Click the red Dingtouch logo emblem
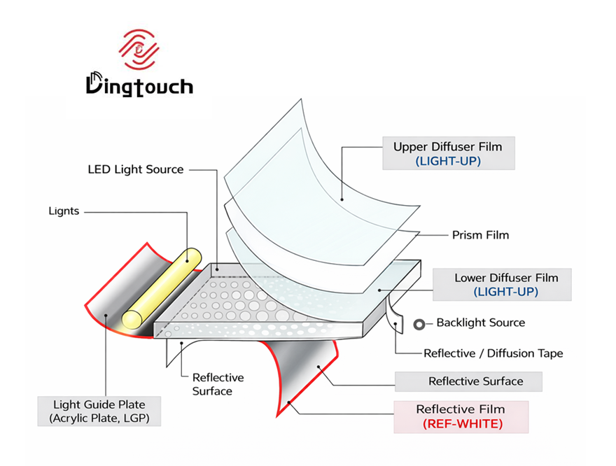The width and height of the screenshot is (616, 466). tap(139, 50)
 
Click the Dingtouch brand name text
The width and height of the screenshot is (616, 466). tap(139, 85)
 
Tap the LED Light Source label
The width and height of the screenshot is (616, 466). tap(135, 169)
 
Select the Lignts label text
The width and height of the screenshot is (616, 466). tap(64, 211)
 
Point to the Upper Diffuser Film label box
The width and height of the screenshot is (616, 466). tap(448, 154)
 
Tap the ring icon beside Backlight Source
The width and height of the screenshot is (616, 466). tap(421, 323)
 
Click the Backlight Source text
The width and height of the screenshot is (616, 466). tap(480, 323)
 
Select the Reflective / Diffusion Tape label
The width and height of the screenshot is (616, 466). tap(493, 353)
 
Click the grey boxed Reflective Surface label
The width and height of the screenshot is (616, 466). tap(475, 381)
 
